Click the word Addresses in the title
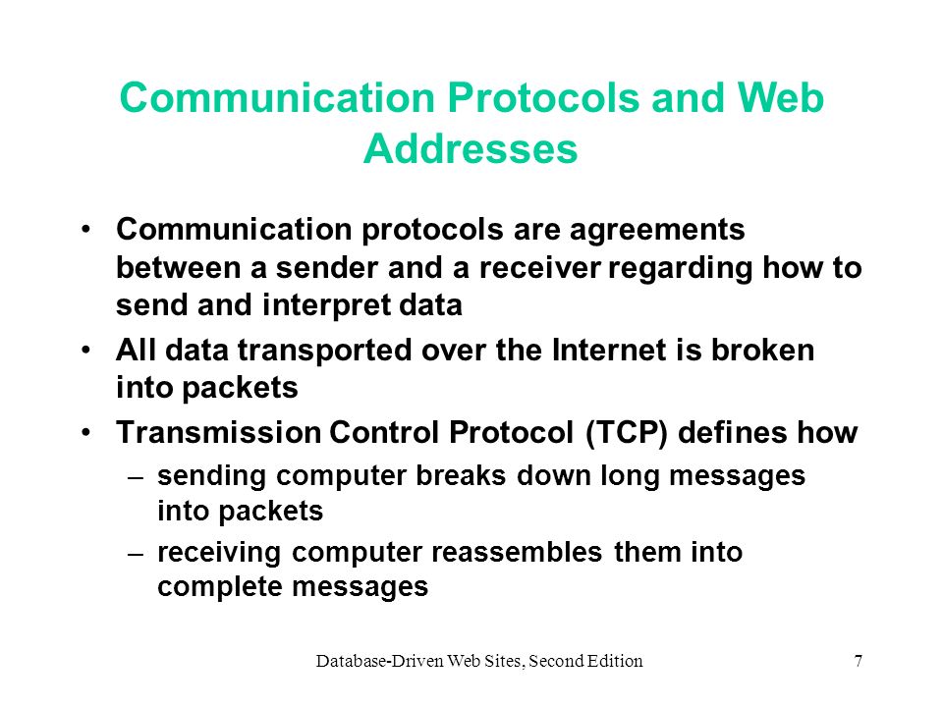[x=471, y=148]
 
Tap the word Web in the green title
[x=781, y=97]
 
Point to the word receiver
[x=540, y=267]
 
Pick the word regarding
[x=680, y=269]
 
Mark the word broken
[x=762, y=350]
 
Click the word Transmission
[x=219, y=432]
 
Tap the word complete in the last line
[x=220, y=587]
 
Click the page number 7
[x=859, y=661]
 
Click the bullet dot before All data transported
[x=87, y=350]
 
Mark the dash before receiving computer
[x=137, y=554]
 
